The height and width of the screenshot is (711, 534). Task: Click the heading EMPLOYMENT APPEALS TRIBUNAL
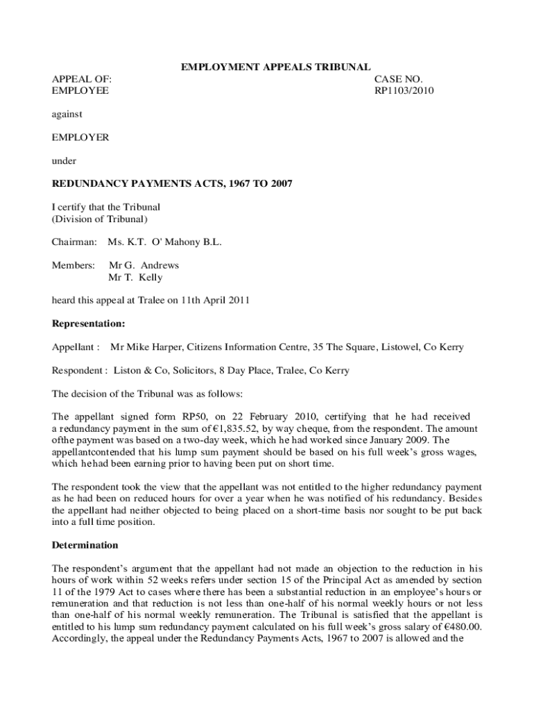coord(275,67)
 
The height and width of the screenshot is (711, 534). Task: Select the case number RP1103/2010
coord(404,90)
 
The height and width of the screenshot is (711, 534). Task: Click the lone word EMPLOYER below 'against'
coord(80,137)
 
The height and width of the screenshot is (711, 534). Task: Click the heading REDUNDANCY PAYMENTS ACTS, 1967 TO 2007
coord(173,184)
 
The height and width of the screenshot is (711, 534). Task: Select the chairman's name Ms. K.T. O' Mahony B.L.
coord(164,242)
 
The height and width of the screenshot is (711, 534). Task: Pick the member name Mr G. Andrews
coord(144,265)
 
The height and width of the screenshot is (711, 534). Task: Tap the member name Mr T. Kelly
coord(136,277)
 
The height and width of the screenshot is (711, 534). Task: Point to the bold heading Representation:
coord(89,324)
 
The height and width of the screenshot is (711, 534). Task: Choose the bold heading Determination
coord(85,545)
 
